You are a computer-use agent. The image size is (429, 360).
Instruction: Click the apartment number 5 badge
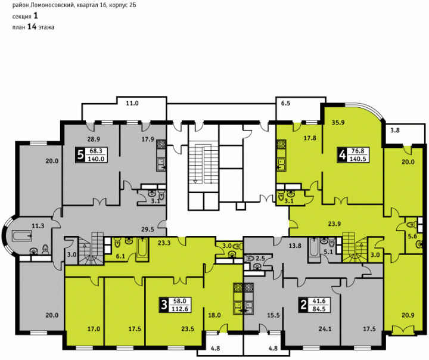pos(80,155)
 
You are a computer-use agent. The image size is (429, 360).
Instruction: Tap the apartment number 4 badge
pos(342,156)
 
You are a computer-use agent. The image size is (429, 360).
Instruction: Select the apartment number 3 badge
pos(164,305)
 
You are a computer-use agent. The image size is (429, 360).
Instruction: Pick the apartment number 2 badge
pos(303,305)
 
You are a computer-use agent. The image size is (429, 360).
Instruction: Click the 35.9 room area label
pos(338,123)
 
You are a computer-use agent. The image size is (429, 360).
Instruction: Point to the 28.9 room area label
pos(94,139)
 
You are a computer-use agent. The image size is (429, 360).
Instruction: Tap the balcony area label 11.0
pos(132,104)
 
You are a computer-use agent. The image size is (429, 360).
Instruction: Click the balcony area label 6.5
pos(285,104)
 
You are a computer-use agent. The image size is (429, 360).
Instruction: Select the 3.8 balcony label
pos(395,131)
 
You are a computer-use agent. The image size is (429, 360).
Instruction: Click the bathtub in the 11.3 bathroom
pos(22,236)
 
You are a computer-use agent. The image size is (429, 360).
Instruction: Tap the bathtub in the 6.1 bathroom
pos(142,247)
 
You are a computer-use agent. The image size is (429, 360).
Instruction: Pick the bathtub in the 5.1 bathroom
pos(313,247)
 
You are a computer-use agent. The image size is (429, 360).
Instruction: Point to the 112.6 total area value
pos(180,309)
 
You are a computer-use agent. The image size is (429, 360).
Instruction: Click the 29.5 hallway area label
pos(148,229)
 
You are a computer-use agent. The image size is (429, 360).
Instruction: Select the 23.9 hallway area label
pos(334,224)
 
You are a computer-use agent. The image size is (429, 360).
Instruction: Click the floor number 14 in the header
pos(32,27)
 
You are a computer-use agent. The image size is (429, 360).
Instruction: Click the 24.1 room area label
pos(325,329)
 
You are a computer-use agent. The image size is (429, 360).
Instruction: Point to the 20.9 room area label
pos(408,315)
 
